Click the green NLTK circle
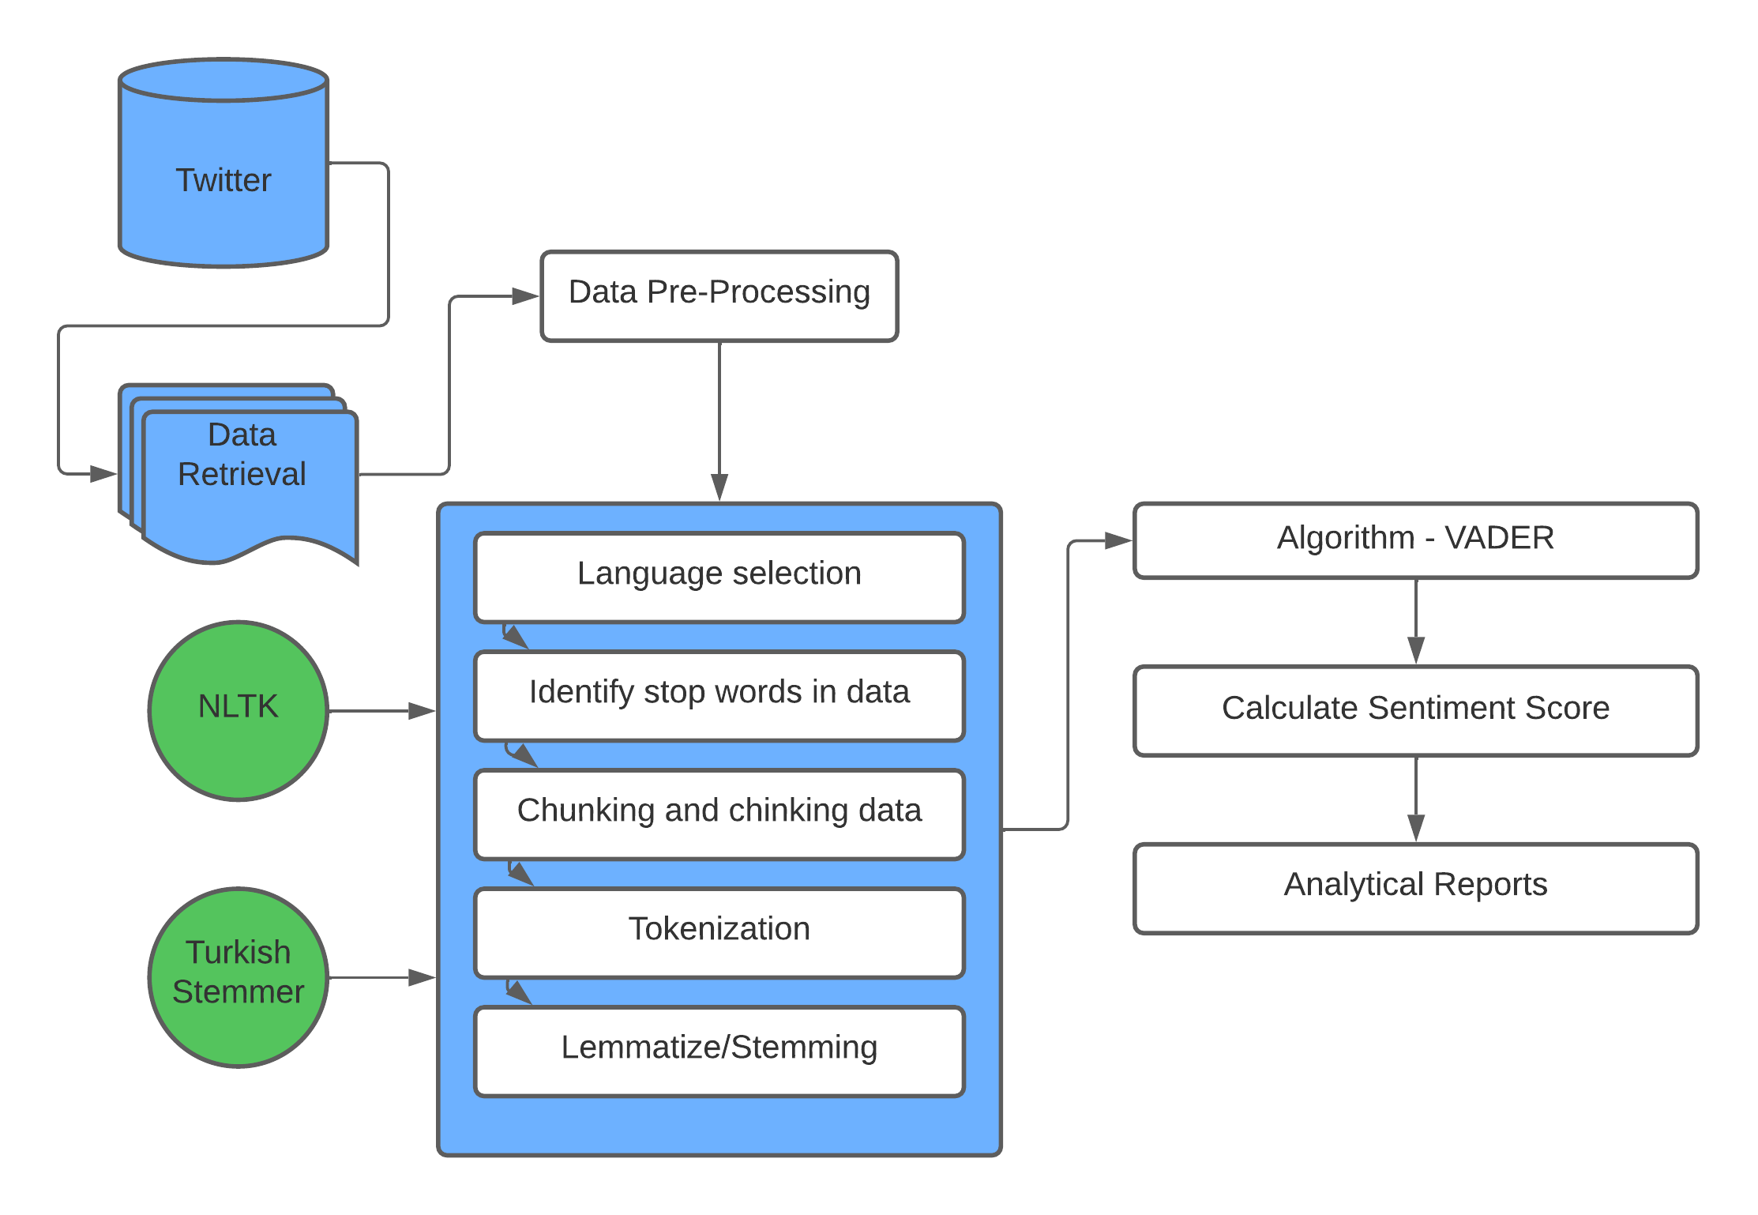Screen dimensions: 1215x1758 [x=239, y=710]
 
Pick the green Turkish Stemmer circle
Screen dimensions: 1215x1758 [x=239, y=977]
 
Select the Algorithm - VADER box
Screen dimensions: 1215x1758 [x=1415, y=540]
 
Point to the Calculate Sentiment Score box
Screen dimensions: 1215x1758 [x=1415, y=710]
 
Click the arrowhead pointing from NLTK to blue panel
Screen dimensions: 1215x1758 [x=422, y=711]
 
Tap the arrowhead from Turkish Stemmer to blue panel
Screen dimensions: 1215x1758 [x=422, y=978]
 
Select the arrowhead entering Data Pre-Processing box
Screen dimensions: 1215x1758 [x=525, y=296]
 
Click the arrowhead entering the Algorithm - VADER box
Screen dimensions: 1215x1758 [x=1118, y=540]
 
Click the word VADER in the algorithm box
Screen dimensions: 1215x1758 [x=1499, y=538]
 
